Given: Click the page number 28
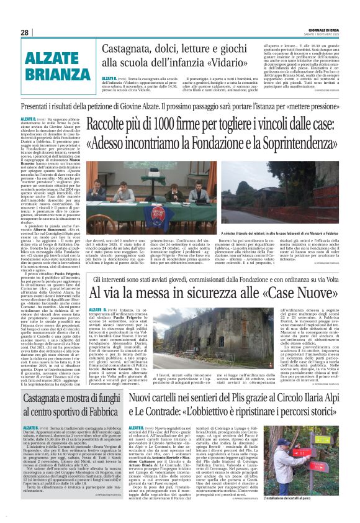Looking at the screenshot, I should click(24, 32).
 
